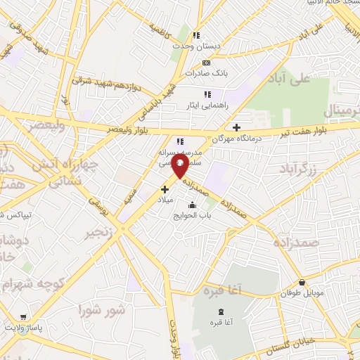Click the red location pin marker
180,167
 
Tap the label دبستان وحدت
198,46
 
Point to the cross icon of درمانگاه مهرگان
236,127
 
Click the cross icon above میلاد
165,189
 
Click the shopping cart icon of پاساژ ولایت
23,317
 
